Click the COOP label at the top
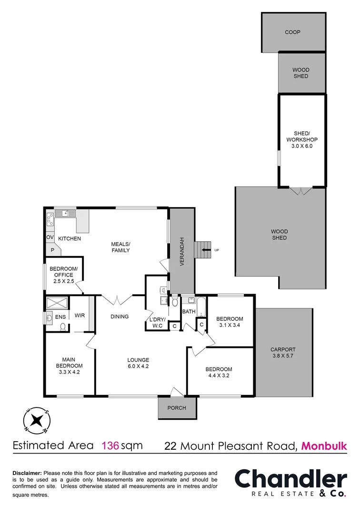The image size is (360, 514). [x=292, y=32]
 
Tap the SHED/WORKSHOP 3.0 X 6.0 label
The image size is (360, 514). [x=301, y=140]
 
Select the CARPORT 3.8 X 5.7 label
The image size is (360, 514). [x=283, y=352]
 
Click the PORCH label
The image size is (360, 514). [x=176, y=408]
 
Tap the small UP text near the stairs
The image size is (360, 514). [x=217, y=250]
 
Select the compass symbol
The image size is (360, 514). [x=36, y=420]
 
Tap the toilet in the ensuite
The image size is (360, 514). [x=63, y=326]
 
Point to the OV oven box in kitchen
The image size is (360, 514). [x=50, y=237]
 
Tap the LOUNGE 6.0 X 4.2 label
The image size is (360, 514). [x=138, y=363]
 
